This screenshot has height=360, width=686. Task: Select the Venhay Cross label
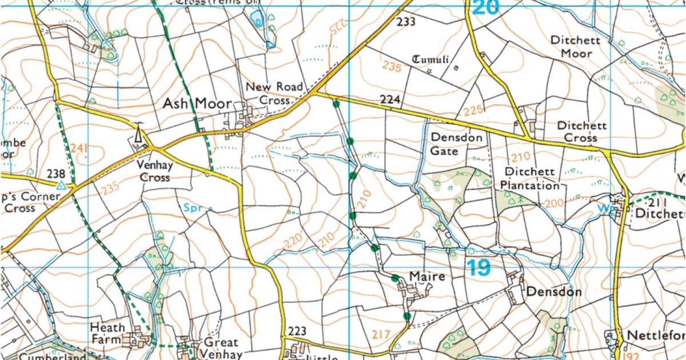tap(154, 171)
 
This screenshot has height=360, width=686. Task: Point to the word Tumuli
tap(431, 60)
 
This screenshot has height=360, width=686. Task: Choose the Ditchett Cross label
tap(581, 131)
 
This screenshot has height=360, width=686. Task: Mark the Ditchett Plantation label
tap(523, 179)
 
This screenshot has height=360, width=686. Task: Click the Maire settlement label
tap(427, 277)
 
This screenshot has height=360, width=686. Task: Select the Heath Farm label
tap(107, 334)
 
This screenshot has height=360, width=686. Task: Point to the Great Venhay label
tap(221, 348)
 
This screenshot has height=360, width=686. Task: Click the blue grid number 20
tap(486, 7)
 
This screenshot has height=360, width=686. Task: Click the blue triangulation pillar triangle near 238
tap(61, 185)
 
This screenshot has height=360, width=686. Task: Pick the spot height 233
tap(405, 22)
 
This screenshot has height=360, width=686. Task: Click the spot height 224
tap(389, 100)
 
